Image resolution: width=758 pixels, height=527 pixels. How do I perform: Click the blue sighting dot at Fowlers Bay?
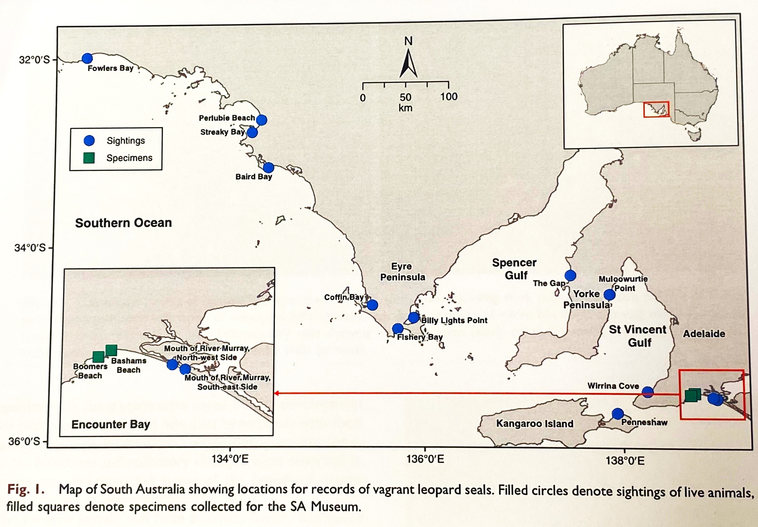point(87,58)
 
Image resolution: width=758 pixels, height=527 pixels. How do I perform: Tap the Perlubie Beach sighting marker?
point(261,120)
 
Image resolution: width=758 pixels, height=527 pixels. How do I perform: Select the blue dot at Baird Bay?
point(268,168)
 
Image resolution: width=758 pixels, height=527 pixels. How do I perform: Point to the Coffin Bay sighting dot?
point(372,305)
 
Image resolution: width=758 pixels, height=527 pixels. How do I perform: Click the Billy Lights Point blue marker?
point(413,317)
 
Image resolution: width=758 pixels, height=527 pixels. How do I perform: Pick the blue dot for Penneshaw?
point(617,414)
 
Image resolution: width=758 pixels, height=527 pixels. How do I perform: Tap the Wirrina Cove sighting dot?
point(647,392)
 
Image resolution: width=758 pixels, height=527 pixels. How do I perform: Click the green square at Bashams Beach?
point(111,350)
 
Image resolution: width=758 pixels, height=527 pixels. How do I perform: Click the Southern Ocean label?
point(124,223)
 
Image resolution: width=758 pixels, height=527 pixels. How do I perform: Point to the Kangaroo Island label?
point(534,424)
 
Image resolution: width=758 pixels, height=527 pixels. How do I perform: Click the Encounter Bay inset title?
point(111,424)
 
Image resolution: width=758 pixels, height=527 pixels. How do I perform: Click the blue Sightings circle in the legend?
point(89,141)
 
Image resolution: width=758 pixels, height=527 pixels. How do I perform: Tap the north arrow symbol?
point(408,63)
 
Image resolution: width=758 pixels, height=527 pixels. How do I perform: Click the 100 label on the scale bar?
point(449,97)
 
